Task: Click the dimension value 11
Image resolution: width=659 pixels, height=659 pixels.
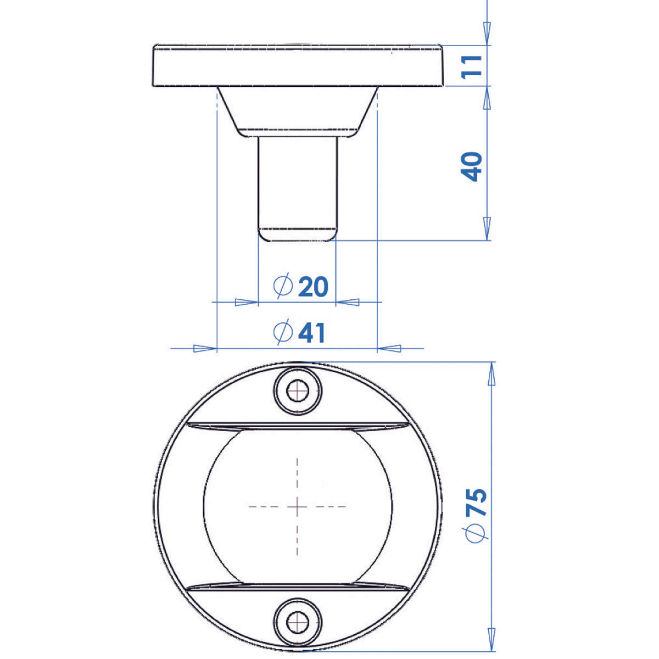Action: (x=473, y=65)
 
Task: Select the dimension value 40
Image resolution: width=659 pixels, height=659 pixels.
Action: (x=472, y=166)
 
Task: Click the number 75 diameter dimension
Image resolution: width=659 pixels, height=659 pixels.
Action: (x=476, y=501)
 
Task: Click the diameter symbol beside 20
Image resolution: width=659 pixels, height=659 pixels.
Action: (x=283, y=286)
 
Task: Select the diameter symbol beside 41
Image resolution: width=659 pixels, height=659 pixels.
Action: (x=282, y=333)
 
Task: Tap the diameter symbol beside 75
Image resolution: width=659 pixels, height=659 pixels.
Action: (x=476, y=533)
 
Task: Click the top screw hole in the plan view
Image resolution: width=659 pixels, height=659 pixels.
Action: (x=298, y=391)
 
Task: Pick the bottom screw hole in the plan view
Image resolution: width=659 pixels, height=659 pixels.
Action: (x=298, y=622)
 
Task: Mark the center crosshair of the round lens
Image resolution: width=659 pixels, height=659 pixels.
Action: (x=298, y=506)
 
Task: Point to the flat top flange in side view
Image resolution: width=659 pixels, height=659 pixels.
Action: (x=298, y=65)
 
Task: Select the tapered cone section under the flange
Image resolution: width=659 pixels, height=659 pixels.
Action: (x=298, y=110)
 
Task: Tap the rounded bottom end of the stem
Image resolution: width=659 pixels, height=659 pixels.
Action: (x=298, y=234)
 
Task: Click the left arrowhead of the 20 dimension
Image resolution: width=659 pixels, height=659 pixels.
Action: (x=246, y=301)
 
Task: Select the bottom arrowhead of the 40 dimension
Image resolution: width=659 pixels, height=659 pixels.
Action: (x=487, y=227)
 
